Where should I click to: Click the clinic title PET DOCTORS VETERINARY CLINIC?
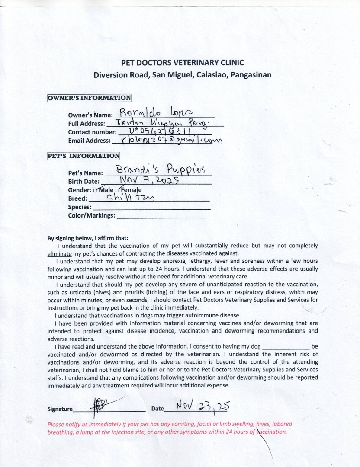point(182,62)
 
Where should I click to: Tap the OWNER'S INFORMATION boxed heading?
point(89,98)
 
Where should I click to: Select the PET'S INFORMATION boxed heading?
point(84,156)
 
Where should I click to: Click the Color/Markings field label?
point(92,215)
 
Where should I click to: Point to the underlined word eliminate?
point(59,253)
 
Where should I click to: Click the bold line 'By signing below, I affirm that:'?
point(88,238)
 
